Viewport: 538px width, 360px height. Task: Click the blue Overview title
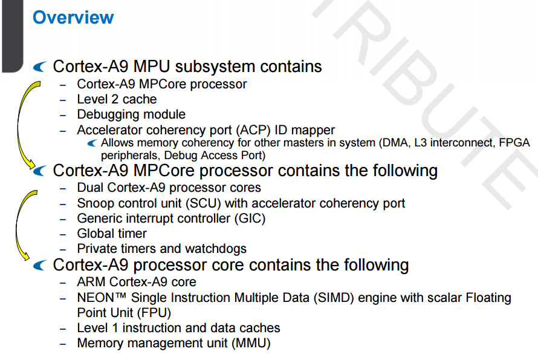73,18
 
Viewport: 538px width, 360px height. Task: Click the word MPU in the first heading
151,67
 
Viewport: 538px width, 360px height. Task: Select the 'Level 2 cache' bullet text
117,99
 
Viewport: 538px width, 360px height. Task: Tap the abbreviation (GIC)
250,218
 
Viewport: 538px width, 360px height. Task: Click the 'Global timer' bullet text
112,234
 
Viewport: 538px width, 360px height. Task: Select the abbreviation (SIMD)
334,298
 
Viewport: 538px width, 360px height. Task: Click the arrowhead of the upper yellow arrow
30,164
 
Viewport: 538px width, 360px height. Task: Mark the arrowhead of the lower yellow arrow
25,255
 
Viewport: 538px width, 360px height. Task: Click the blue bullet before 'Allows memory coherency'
92,143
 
